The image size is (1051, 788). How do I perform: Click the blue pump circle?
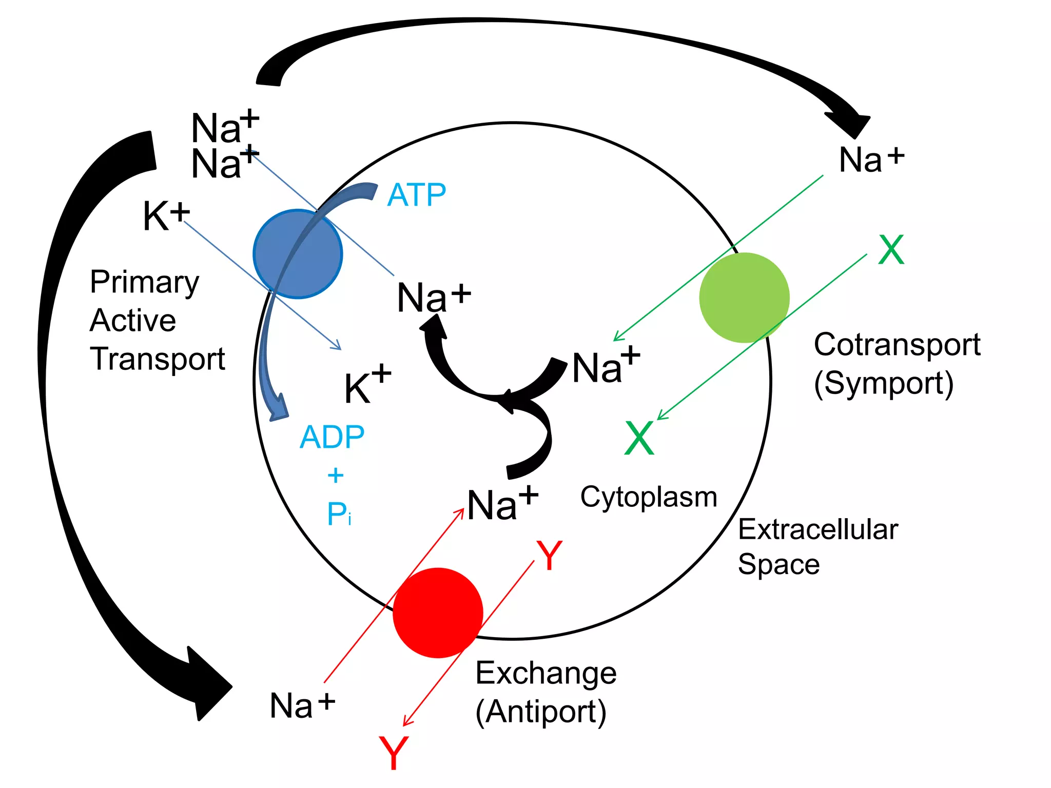point(298,254)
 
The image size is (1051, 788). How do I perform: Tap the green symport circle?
point(744,298)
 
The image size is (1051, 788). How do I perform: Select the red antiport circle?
point(438,613)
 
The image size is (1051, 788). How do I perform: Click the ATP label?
point(416,195)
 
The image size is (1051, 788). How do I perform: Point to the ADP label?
point(332,437)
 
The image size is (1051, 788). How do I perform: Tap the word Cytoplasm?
point(649,497)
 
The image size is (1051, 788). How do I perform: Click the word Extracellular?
point(818,529)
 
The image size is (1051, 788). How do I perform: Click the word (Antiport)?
point(541,712)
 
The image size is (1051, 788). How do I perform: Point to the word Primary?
point(144,282)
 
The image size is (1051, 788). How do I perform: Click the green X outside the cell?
point(891,250)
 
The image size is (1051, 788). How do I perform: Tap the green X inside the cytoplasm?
point(639,438)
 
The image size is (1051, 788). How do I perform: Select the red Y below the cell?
point(394,753)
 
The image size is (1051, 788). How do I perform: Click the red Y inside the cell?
point(550,556)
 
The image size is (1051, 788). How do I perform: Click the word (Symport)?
point(884,383)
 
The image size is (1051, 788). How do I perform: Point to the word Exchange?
point(546,673)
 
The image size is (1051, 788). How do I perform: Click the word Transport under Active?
point(158,359)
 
